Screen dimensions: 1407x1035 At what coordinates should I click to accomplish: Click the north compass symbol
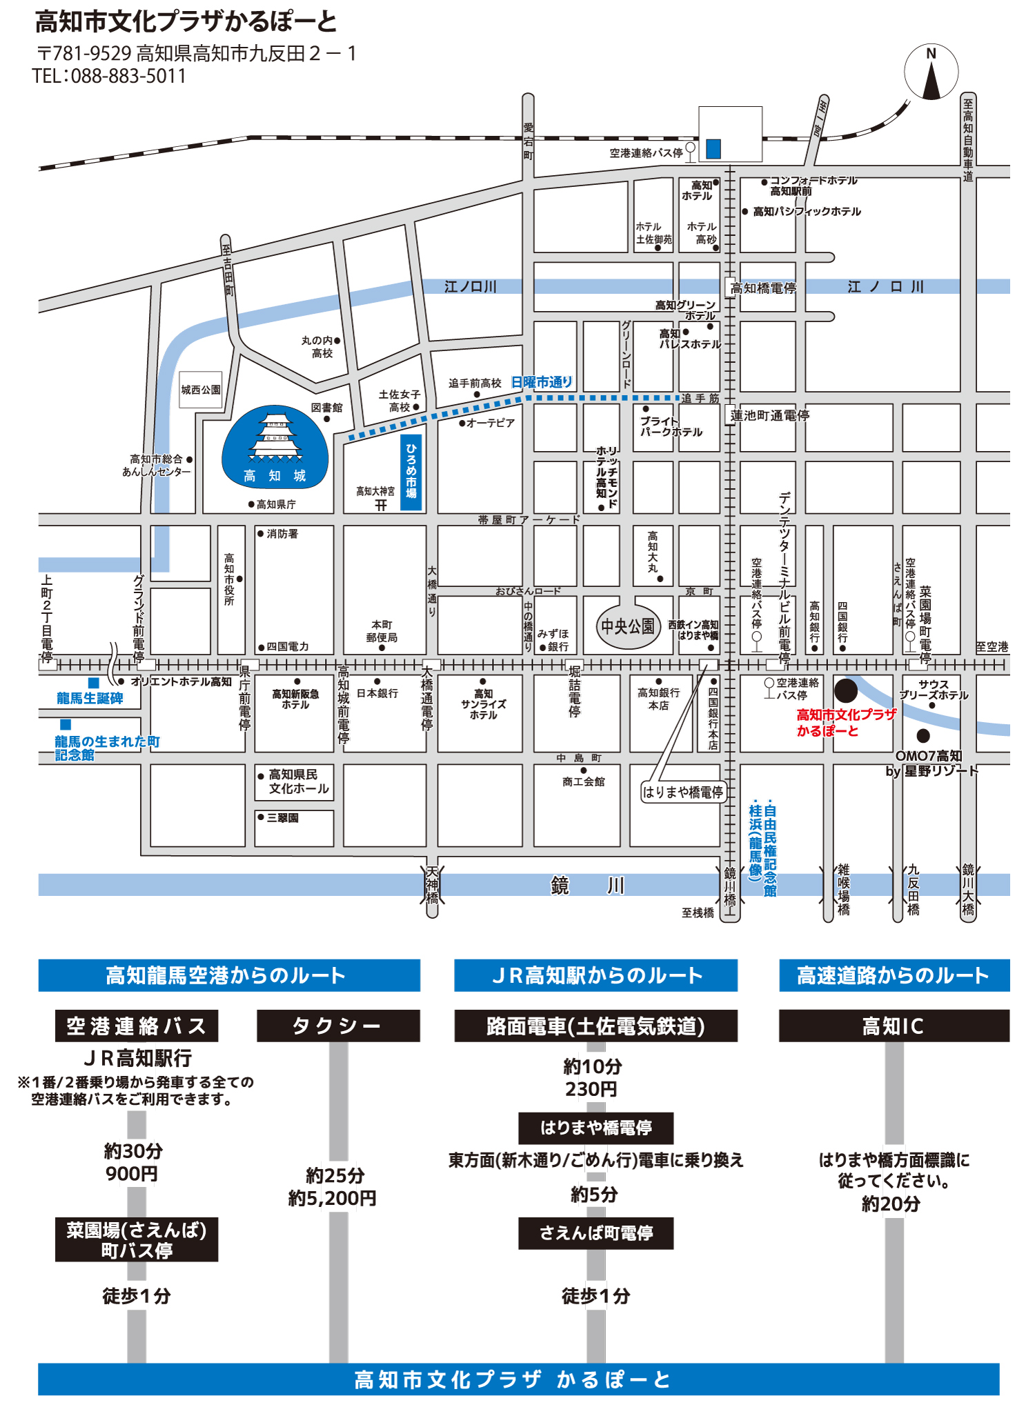(x=931, y=72)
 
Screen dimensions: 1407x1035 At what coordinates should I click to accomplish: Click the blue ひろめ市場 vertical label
(x=411, y=471)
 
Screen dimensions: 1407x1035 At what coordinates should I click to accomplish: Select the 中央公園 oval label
(x=628, y=626)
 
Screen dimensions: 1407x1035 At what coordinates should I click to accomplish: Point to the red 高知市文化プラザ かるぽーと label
(x=846, y=722)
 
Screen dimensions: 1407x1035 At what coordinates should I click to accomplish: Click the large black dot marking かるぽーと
(x=846, y=690)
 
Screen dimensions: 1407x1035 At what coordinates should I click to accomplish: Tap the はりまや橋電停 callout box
(x=683, y=792)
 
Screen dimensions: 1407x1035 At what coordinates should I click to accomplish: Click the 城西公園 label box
(x=201, y=390)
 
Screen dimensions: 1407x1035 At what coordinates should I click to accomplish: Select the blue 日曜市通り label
(x=542, y=382)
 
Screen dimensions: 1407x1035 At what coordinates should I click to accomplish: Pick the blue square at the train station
(x=713, y=148)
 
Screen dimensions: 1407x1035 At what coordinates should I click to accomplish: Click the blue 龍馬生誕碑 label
(x=90, y=698)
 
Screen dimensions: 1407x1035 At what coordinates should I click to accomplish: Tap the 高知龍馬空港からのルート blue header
(x=229, y=975)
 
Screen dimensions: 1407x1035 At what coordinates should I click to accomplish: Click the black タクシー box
(x=338, y=1026)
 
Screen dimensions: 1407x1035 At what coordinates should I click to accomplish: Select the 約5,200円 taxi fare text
(x=333, y=1198)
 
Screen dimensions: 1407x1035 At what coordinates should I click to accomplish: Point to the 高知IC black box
(x=894, y=1026)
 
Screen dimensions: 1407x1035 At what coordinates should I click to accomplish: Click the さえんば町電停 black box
(x=595, y=1233)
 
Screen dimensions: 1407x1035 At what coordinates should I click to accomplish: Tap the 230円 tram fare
(x=591, y=1089)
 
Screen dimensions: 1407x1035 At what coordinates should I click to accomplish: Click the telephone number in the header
(x=110, y=76)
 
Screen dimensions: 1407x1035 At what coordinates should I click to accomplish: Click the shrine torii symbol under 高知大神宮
(x=381, y=505)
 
